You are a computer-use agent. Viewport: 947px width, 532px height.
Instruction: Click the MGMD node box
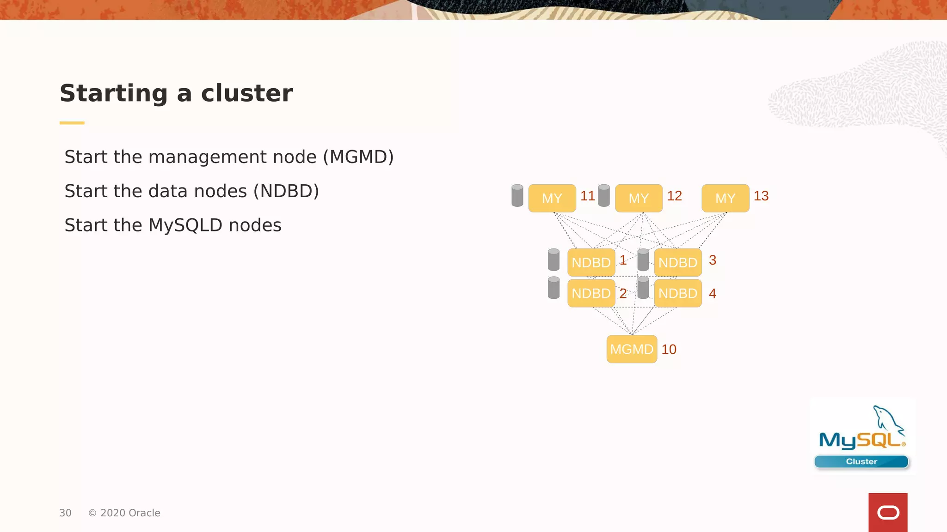click(631, 349)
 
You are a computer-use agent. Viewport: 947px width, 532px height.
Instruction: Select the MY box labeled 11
click(552, 198)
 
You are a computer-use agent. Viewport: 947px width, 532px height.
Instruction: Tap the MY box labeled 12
click(639, 198)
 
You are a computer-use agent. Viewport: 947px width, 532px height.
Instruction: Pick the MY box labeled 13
click(725, 198)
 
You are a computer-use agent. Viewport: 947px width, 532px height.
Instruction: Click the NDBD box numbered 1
click(591, 262)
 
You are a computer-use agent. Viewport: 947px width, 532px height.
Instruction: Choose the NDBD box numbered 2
click(591, 293)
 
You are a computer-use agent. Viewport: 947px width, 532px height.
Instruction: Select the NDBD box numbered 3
click(677, 262)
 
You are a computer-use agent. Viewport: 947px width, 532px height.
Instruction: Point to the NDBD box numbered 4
click(677, 293)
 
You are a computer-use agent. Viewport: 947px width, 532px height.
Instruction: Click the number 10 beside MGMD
click(669, 349)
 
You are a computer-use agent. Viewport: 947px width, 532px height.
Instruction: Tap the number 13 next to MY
click(761, 196)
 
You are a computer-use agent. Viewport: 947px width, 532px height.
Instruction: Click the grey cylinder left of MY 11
click(517, 195)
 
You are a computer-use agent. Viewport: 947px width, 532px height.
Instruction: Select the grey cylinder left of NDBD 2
click(553, 288)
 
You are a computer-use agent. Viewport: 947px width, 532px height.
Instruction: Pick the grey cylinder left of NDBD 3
click(643, 260)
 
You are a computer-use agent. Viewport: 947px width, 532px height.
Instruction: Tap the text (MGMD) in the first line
click(358, 157)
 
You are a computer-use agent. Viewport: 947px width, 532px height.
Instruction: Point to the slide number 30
click(65, 513)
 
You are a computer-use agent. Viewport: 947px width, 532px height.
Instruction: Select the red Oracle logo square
click(887, 512)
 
